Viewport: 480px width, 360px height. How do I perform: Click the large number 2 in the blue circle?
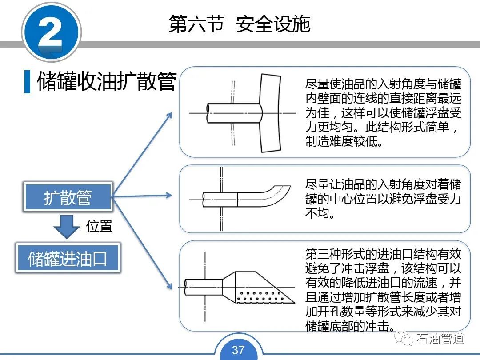point(51,32)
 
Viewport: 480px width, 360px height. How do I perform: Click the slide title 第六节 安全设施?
point(240,24)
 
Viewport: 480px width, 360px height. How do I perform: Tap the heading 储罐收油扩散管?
point(107,81)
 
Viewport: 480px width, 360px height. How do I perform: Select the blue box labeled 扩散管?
point(68,197)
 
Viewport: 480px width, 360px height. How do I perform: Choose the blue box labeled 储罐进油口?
point(68,258)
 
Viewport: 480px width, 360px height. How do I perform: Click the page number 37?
point(238,350)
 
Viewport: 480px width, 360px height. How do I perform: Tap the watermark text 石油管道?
point(440,339)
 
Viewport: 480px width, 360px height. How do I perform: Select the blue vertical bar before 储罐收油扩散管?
point(27,81)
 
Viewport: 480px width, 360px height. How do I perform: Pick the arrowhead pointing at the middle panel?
point(169,195)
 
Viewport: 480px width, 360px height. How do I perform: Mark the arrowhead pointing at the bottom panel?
point(169,285)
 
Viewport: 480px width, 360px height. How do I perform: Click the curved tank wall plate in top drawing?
point(271,113)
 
